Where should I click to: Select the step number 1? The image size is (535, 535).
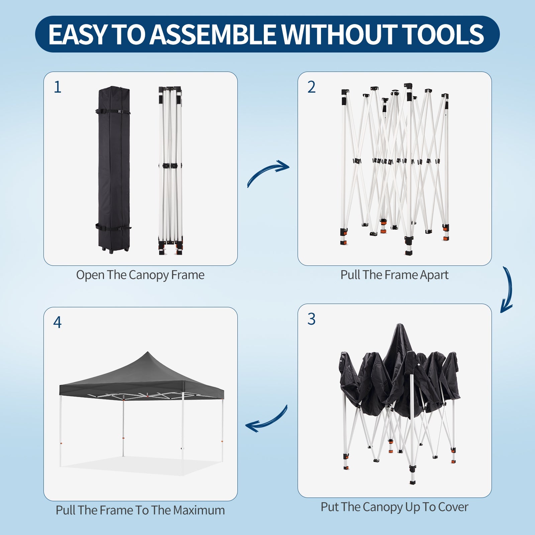(58, 87)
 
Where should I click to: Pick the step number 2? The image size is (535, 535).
(311, 87)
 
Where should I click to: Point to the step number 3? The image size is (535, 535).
(311, 319)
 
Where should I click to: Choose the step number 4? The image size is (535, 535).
(57, 322)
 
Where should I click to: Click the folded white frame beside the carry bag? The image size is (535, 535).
(171, 171)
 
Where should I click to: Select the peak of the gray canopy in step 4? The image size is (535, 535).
(147, 352)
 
